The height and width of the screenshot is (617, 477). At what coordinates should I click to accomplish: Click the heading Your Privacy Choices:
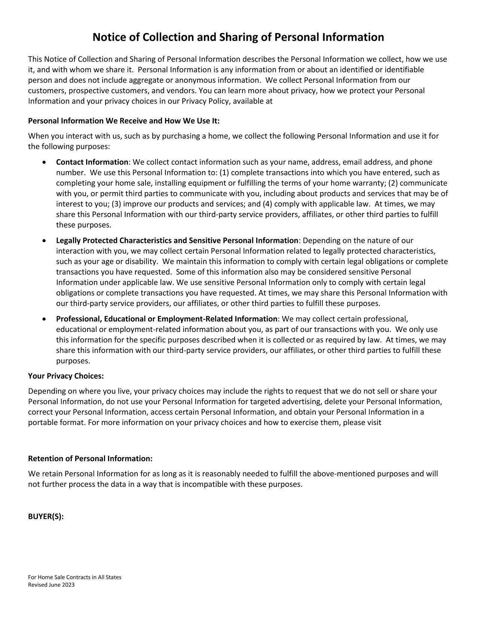(x=66, y=376)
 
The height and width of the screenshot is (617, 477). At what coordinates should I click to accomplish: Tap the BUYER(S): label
(x=46, y=516)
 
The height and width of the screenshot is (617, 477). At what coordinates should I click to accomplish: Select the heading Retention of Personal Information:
(x=90, y=458)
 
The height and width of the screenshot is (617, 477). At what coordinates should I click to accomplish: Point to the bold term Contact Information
(x=92, y=162)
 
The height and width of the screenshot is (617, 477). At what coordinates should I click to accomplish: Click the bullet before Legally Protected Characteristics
(x=45, y=240)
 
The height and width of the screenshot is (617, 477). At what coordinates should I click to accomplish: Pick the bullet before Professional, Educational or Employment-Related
(x=45, y=319)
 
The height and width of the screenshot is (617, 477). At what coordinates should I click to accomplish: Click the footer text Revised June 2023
(x=51, y=585)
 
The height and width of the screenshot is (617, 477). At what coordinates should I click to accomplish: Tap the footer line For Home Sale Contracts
(x=74, y=577)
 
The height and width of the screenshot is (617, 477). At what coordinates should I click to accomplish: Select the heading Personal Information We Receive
(x=123, y=121)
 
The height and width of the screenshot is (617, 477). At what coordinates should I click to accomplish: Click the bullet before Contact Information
(x=45, y=162)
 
